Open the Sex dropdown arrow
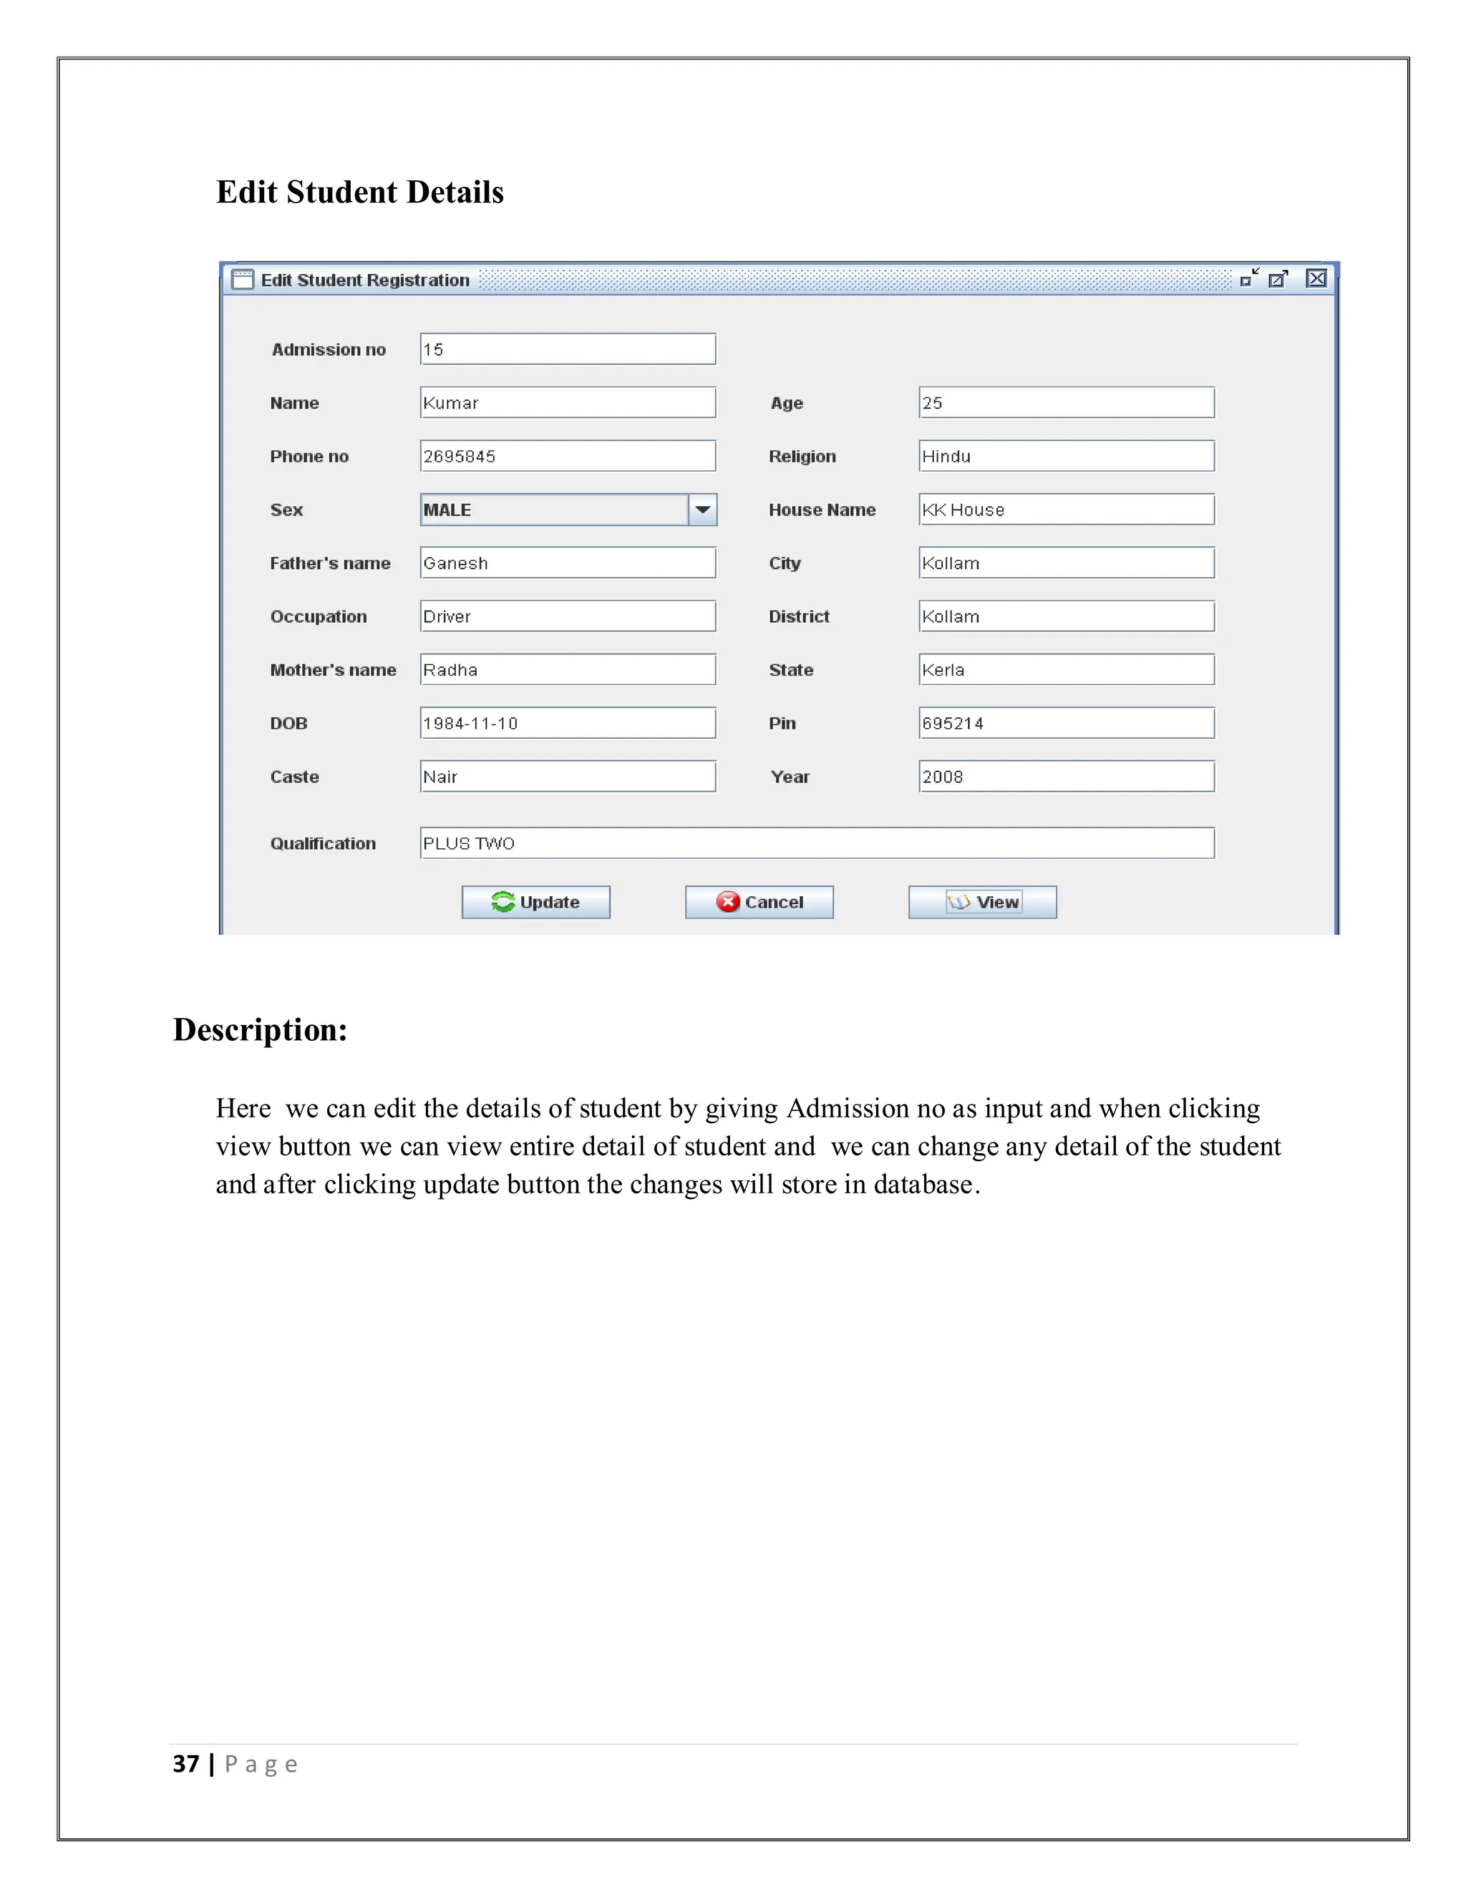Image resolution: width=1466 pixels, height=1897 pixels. point(703,510)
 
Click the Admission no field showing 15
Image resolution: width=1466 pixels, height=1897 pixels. point(567,349)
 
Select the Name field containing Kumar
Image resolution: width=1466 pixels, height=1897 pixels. point(567,403)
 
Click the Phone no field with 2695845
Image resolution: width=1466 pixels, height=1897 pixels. point(567,456)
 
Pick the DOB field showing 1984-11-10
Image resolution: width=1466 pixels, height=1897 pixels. point(567,723)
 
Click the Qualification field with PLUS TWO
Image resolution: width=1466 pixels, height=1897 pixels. point(816,843)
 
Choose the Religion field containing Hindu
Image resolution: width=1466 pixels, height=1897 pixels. point(1066,456)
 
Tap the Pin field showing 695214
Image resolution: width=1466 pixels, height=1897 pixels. point(1066,723)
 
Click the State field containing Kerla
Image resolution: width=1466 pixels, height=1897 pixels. point(1066,670)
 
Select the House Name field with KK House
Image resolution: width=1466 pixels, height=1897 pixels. point(1066,510)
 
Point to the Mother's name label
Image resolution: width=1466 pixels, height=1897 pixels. point(333,670)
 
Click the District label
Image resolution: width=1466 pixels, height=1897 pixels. point(798,616)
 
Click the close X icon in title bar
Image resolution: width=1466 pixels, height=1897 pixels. point(1316,278)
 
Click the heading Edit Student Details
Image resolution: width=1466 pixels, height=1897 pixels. point(359,192)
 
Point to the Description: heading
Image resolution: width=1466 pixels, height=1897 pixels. point(260,1029)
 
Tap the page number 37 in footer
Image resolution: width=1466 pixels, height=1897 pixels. point(186,1764)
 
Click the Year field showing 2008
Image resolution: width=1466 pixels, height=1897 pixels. point(1066,777)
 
